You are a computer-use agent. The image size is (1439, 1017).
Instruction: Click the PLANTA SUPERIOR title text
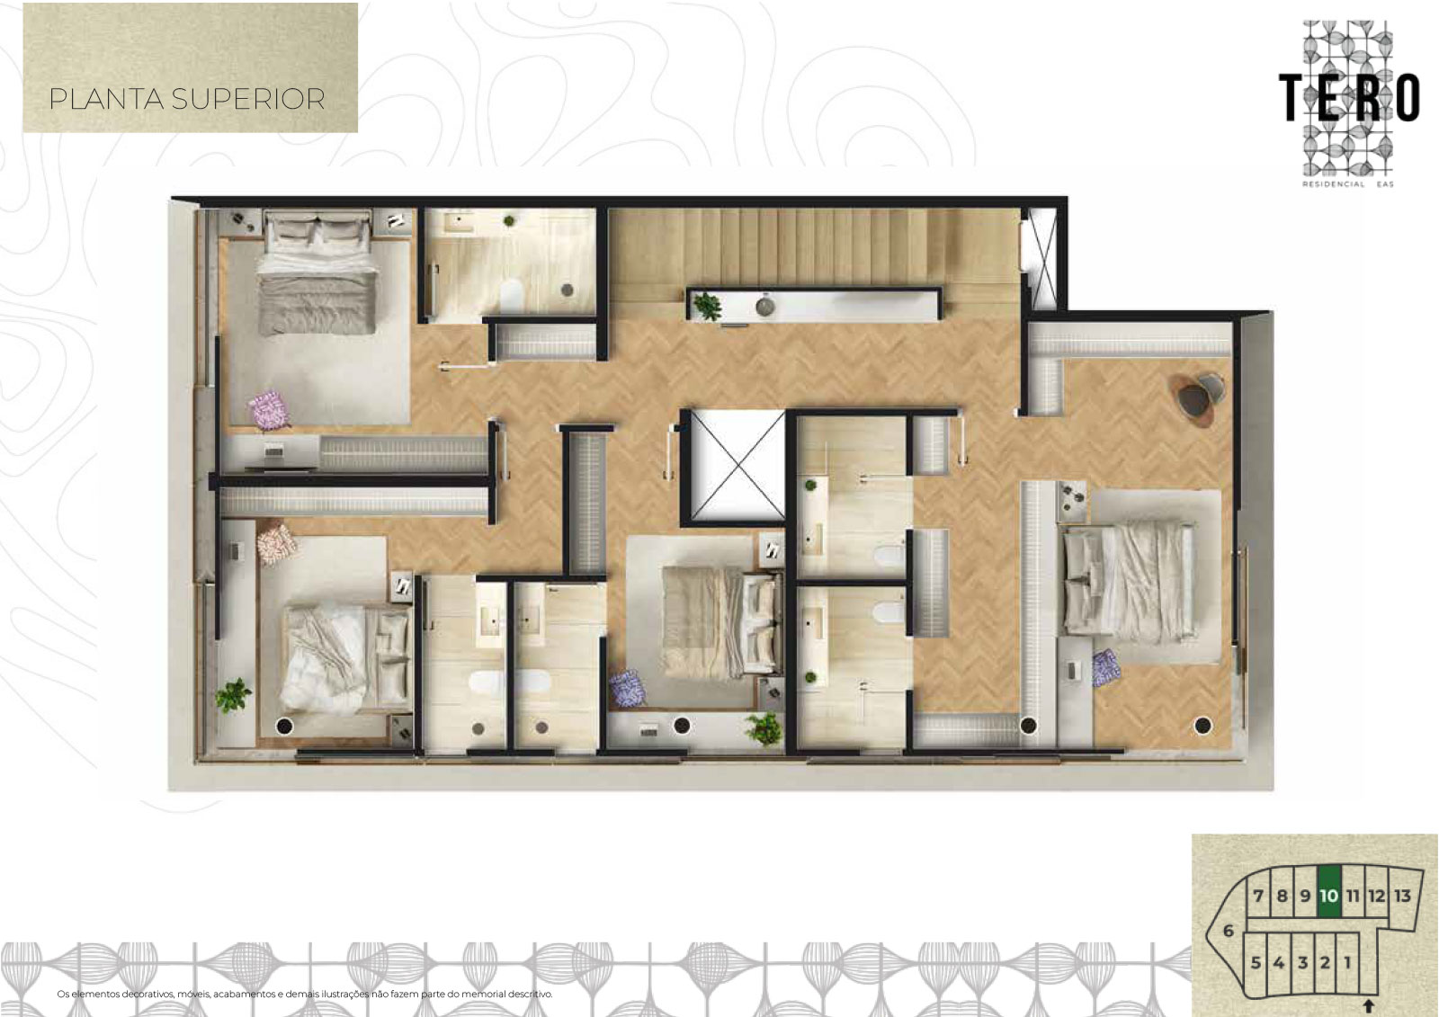click(187, 99)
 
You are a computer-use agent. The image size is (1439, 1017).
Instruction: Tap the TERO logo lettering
click(1348, 98)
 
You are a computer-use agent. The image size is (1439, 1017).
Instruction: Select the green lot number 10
click(1328, 896)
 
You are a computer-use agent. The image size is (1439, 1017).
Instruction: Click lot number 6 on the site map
click(1229, 931)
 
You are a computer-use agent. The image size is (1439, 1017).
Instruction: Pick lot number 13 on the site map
click(1402, 896)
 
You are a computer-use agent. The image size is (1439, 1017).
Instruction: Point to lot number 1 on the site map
click(1347, 963)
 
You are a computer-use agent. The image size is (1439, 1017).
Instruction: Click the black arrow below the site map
click(1368, 1005)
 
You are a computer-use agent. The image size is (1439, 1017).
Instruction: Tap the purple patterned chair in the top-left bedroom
click(269, 408)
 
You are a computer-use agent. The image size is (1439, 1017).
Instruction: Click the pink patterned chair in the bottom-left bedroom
click(276, 543)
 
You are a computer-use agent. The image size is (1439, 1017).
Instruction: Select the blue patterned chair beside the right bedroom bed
click(1106, 667)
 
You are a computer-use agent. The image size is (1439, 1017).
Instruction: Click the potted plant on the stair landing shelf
click(707, 306)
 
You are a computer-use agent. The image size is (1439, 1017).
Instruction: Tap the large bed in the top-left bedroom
click(317, 275)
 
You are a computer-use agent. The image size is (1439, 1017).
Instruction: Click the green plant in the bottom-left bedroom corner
click(233, 696)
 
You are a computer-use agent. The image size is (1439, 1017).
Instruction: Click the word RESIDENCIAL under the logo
click(1332, 184)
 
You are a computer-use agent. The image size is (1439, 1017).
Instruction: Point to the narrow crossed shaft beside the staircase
click(1040, 259)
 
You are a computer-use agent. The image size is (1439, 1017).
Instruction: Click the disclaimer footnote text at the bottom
click(305, 994)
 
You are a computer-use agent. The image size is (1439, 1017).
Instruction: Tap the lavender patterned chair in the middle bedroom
click(629, 689)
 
